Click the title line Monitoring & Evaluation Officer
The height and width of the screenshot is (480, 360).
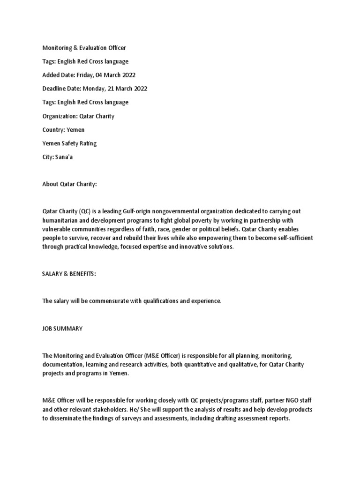tap(84, 47)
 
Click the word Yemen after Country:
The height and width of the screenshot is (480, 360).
tap(75, 130)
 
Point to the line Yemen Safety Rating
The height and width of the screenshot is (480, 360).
tap(69, 143)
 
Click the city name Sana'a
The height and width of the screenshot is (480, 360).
tap(65, 157)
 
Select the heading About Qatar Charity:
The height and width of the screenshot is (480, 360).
tap(69, 185)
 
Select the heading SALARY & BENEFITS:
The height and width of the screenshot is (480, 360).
tap(69, 274)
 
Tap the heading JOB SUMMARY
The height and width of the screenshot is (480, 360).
tap(62, 329)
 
